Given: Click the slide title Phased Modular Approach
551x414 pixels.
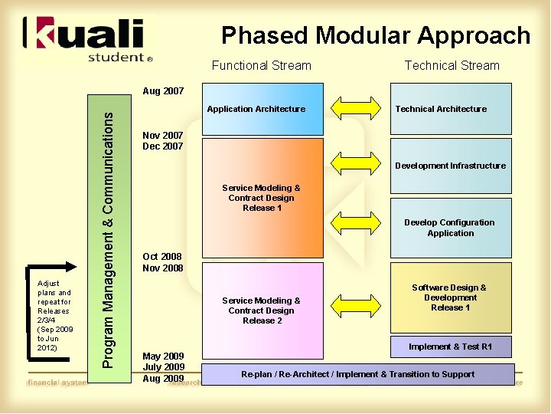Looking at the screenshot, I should [x=375, y=35].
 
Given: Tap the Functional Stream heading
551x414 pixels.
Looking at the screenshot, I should [x=261, y=66].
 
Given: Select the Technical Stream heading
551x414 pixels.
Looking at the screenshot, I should [x=452, y=66].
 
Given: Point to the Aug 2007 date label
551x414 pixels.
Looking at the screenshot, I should [x=163, y=90].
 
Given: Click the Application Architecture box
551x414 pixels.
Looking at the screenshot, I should [x=256, y=109].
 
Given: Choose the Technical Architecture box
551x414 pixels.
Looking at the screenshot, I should [x=450, y=109].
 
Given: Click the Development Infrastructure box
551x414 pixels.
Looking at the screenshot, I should [x=450, y=166].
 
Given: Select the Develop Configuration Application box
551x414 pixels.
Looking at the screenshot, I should [x=450, y=228].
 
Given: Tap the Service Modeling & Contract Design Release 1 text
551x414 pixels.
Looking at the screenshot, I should [x=261, y=198].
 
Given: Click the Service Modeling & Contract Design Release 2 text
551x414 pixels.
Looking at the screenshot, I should [x=261, y=310].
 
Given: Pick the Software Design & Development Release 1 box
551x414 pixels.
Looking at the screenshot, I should [x=450, y=297].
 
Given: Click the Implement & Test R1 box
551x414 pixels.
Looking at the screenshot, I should [x=450, y=347].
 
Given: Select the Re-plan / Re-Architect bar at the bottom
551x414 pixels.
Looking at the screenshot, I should [x=357, y=374].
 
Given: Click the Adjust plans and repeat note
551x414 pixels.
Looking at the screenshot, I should [x=54, y=315].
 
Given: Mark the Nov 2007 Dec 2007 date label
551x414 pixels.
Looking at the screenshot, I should [x=163, y=141].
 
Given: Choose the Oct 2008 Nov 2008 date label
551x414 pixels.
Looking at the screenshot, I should [x=163, y=262].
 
